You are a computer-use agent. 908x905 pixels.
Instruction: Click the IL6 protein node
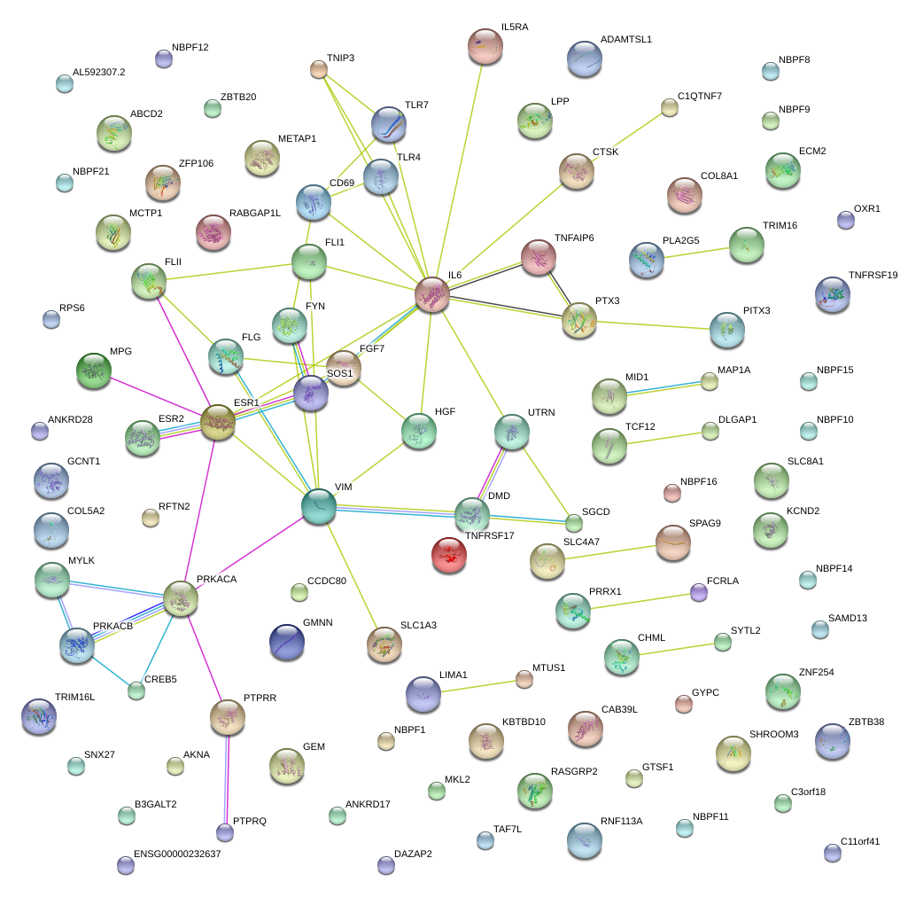click(432, 293)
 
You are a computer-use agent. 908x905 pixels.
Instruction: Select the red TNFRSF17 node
click(449, 555)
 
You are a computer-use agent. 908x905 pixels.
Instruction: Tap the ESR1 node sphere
click(218, 422)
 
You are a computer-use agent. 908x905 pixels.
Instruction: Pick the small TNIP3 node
click(319, 69)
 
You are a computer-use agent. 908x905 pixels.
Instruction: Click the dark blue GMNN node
click(286, 641)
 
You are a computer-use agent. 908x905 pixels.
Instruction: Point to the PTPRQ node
click(226, 832)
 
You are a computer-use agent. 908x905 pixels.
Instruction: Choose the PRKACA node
click(181, 598)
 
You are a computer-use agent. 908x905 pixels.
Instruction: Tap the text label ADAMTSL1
click(625, 40)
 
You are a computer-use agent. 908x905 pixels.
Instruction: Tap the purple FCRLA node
click(699, 592)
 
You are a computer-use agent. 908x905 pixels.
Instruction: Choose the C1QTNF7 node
click(670, 108)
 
